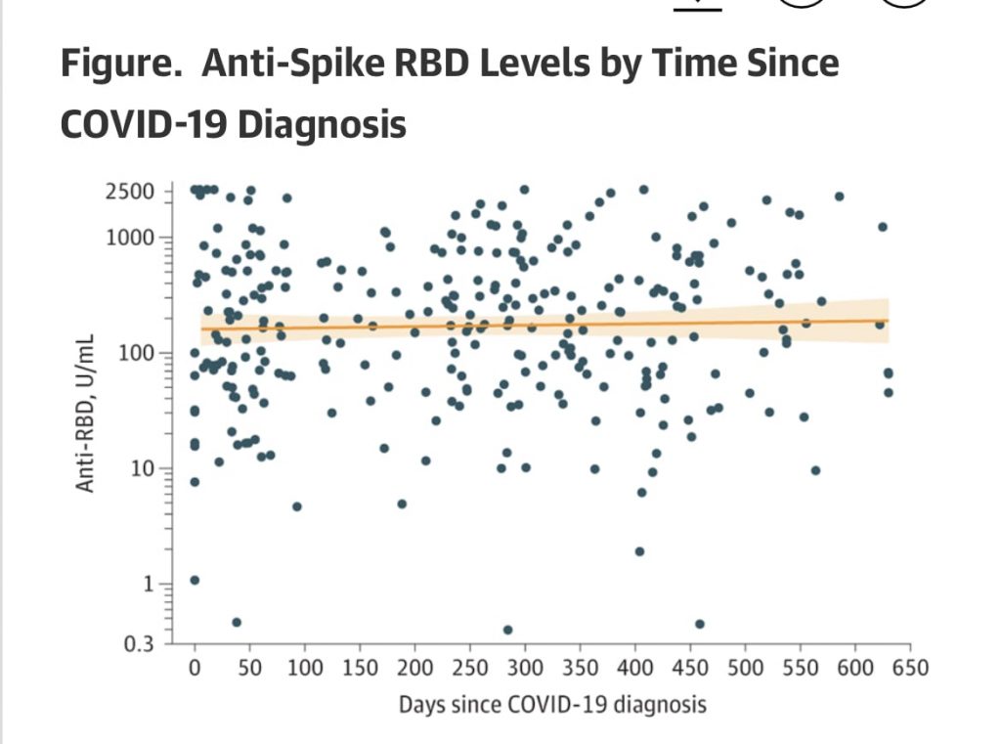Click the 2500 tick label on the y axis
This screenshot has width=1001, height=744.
(x=130, y=191)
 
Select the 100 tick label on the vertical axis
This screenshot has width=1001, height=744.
(x=136, y=352)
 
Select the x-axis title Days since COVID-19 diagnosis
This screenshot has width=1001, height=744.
(x=551, y=704)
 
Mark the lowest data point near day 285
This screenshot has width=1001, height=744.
(x=507, y=630)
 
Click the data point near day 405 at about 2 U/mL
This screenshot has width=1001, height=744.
(x=639, y=551)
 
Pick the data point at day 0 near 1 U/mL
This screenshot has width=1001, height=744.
(x=195, y=580)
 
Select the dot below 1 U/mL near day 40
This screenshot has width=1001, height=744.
(x=237, y=622)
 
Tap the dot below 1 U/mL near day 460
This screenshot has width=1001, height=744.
(x=700, y=624)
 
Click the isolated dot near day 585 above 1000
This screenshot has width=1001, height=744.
(x=839, y=197)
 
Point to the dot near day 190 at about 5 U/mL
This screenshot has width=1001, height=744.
(x=402, y=504)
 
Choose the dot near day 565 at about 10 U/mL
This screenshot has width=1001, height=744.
(x=815, y=470)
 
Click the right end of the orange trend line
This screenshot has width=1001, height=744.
(x=888, y=320)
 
